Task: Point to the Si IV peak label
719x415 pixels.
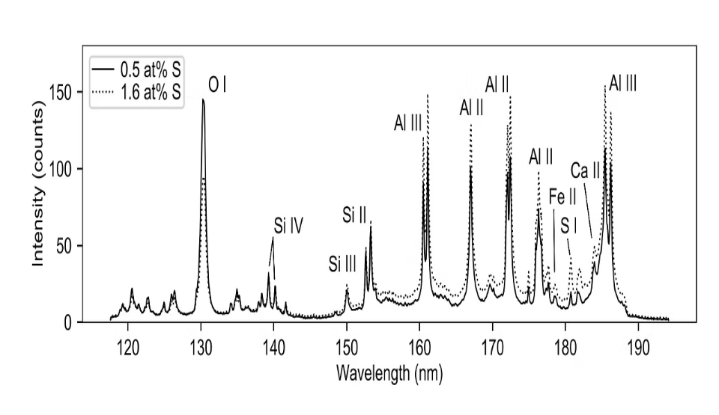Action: pos(288,226)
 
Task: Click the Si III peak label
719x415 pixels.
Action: pos(342,265)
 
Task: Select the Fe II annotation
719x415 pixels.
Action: pos(562,197)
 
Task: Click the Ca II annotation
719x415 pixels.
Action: pos(586,171)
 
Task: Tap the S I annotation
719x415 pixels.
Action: pos(569,224)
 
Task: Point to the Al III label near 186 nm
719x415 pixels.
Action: pos(622,83)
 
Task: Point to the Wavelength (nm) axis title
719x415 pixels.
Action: pos(389,373)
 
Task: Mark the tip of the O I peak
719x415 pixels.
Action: pos(202,99)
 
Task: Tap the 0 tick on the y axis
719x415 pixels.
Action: pos(67,323)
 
